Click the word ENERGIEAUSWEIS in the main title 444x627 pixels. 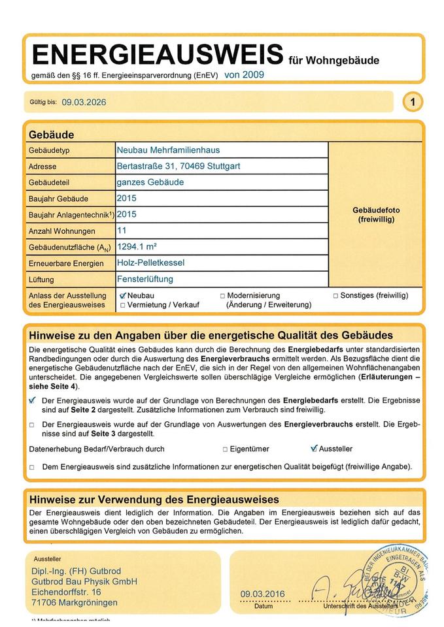pyautogui.click(x=157, y=54)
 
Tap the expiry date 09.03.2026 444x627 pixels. pyautogui.click(x=84, y=103)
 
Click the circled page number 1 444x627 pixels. pyautogui.click(x=413, y=102)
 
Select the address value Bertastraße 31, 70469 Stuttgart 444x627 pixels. pyautogui.click(x=178, y=167)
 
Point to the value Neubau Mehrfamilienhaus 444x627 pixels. pyautogui.click(x=168, y=150)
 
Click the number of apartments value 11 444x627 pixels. pyautogui.click(x=122, y=231)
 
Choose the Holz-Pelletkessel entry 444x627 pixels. pyautogui.click(x=150, y=263)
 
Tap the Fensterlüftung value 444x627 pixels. pyautogui.click(x=145, y=280)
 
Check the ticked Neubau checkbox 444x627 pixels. pyautogui.click(x=123, y=296)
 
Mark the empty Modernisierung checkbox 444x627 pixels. pyautogui.click(x=222, y=296)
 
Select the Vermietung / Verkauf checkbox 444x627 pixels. pyautogui.click(x=122, y=305)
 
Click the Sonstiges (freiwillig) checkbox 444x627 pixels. pyautogui.click(x=335, y=296)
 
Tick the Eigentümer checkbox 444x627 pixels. pyautogui.click(x=225, y=449)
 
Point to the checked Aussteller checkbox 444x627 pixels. pyautogui.click(x=314, y=449)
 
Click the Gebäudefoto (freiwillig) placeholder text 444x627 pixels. pyautogui.click(x=376, y=215)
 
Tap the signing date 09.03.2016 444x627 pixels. pyautogui.click(x=263, y=594)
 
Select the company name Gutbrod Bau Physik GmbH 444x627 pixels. pyautogui.click(x=84, y=581)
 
